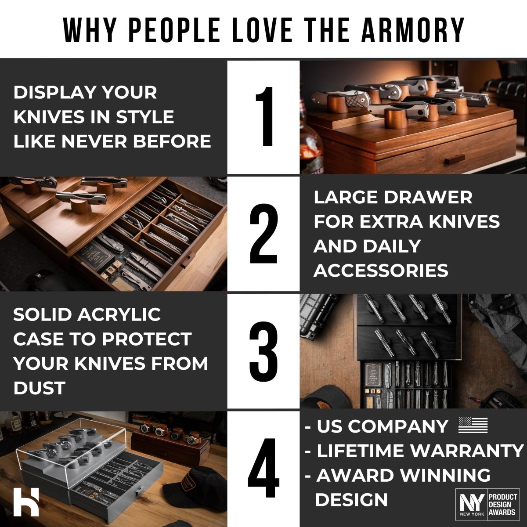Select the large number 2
(x=263, y=234)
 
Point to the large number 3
(x=263, y=351)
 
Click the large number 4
(x=263, y=469)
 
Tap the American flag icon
(x=473, y=426)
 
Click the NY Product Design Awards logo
(x=487, y=504)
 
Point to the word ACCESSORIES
(x=381, y=271)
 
